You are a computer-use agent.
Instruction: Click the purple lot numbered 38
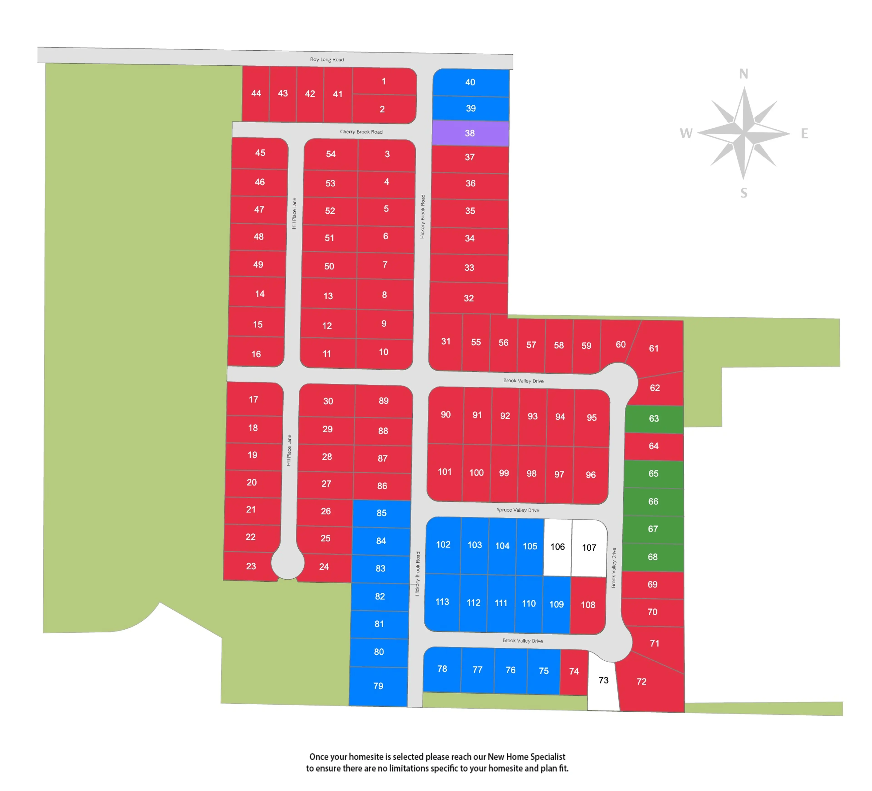pos(470,133)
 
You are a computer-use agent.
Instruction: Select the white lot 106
pos(557,547)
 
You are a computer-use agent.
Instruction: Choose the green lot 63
pos(654,419)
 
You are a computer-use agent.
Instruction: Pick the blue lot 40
pos(471,82)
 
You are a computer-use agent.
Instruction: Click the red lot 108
pos(588,605)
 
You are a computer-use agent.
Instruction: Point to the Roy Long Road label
pos(327,60)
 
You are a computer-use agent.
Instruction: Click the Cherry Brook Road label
pos(361,132)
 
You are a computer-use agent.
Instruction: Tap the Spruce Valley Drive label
pos(518,510)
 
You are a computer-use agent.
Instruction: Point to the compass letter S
pos(743,193)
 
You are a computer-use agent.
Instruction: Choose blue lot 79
pos(379,686)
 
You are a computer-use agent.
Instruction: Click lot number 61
pos(654,349)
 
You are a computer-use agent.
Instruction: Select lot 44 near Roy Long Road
pos(256,93)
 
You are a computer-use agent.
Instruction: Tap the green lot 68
pos(653,557)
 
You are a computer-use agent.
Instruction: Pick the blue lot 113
pos(442,602)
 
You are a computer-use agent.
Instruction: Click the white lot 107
pos(589,548)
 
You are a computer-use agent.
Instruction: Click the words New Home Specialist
pos(526,757)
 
